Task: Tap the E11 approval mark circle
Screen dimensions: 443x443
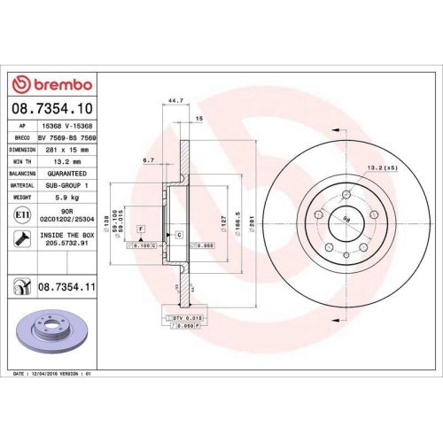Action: coord(21,214)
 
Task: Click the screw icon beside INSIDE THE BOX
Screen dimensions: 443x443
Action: coord(21,238)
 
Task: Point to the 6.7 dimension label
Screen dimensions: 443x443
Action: coord(150,161)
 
